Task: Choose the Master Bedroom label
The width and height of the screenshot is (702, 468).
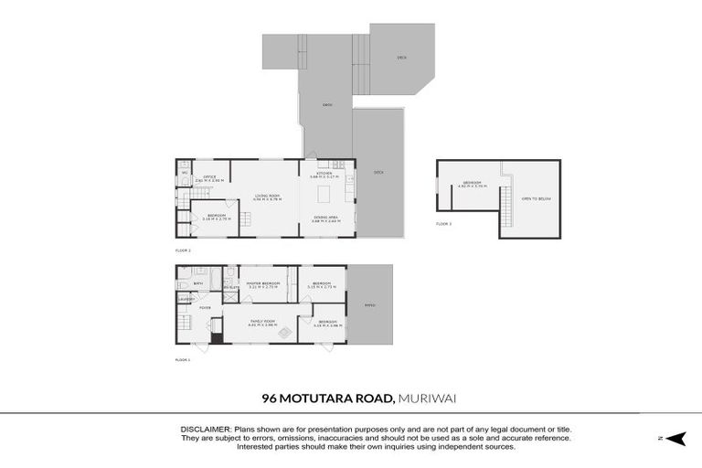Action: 262,284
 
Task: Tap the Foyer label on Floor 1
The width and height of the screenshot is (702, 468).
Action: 206,308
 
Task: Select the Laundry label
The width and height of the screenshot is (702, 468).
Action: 186,299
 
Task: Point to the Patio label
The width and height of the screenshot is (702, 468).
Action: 370,304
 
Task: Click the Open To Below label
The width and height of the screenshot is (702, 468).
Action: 536,199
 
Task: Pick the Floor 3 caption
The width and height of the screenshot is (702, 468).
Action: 443,224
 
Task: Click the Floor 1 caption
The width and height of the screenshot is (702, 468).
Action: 182,359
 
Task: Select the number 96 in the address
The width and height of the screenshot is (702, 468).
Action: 269,398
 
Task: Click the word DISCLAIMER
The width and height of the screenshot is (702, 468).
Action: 207,429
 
